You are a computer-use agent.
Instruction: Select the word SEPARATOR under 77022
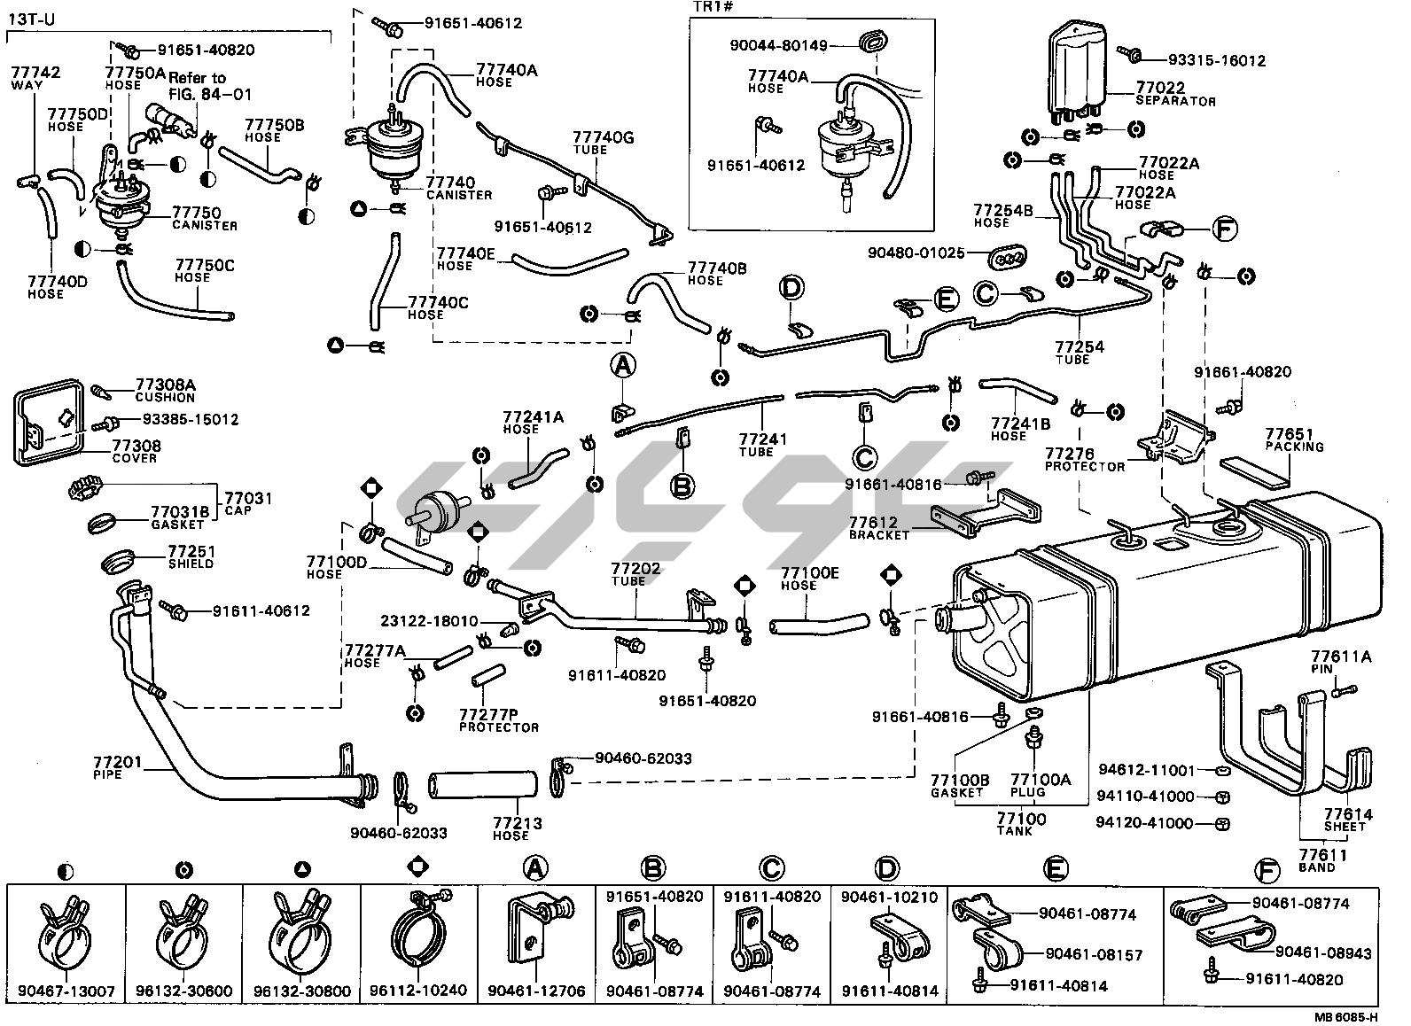click(1175, 102)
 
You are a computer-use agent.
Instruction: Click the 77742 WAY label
click(35, 77)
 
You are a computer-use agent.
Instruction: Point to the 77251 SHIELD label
click(191, 556)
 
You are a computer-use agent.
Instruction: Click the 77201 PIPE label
click(116, 767)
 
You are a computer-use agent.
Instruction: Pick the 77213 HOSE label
click(517, 828)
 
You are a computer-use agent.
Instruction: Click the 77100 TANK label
click(1021, 824)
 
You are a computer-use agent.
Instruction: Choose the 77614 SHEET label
click(1348, 820)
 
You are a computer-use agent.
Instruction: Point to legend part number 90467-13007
click(66, 991)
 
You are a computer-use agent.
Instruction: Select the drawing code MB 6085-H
click(1345, 1017)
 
